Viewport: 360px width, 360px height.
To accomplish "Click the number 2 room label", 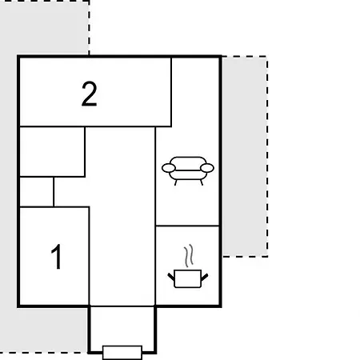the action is click(x=90, y=94).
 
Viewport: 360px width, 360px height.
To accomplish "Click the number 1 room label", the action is click(x=57, y=257).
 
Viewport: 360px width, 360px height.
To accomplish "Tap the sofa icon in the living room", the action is click(x=188, y=171).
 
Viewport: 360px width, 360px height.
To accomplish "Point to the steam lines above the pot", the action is click(x=189, y=255).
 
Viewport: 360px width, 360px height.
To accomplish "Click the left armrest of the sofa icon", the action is click(x=169, y=168).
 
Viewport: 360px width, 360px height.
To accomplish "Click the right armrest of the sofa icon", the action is click(x=207, y=168).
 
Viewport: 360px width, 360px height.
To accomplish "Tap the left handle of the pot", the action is click(x=171, y=277).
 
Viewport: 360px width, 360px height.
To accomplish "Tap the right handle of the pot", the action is click(x=205, y=277).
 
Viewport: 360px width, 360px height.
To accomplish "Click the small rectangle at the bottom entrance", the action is click(x=122, y=353).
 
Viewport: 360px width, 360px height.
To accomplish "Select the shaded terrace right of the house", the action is click(x=245, y=157).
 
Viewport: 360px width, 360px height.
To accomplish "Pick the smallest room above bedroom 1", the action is click(x=37, y=191).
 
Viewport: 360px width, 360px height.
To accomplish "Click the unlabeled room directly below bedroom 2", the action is click(x=52, y=151).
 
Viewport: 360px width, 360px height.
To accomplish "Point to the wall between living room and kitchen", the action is click(x=187, y=226).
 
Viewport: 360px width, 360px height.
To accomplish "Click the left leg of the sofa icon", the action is click(x=176, y=182).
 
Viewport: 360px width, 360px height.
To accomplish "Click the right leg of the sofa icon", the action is click(x=202, y=182).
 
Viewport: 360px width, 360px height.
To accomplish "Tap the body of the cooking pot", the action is click(x=187, y=278).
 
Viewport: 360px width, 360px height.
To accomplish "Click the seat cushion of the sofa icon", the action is click(x=188, y=174).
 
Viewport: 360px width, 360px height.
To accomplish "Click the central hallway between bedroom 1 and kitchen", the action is click(x=122, y=217).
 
